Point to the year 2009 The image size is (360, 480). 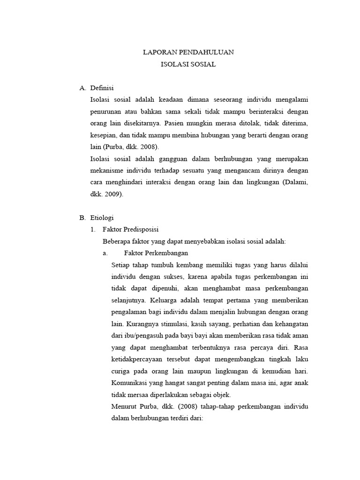(113, 194)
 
